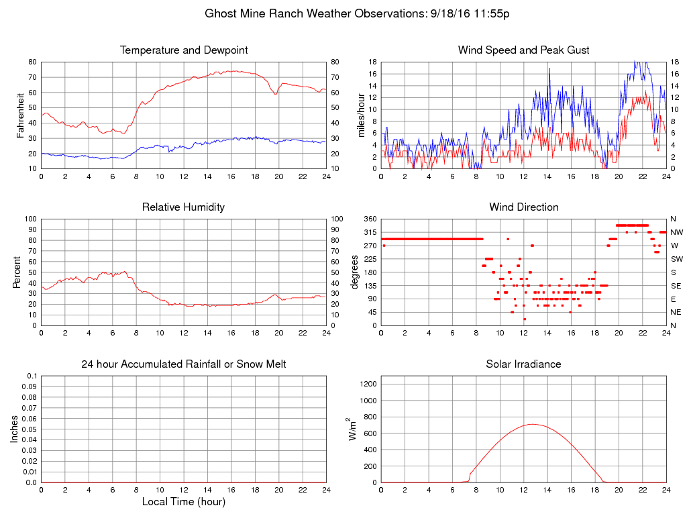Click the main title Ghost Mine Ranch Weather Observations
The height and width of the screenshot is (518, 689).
[x=357, y=13]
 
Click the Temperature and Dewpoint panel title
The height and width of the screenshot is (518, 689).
[x=184, y=50]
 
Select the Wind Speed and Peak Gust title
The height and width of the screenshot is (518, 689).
[x=523, y=50]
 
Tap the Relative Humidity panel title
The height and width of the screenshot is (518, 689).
[x=184, y=207]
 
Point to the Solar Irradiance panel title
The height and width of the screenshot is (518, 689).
[x=523, y=364]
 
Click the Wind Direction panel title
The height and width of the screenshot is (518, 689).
[x=523, y=207]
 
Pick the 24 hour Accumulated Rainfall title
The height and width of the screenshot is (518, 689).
[x=184, y=364]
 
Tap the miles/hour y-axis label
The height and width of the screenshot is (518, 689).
[x=362, y=115]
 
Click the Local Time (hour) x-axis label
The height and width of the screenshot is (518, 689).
[x=184, y=502]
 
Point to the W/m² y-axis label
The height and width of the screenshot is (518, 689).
[x=354, y=429]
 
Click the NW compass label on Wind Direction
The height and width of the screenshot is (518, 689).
[x=676, y=232]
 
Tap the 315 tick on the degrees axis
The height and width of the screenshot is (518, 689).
[x=370, y=232]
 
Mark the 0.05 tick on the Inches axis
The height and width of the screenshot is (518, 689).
[x=29, y=429]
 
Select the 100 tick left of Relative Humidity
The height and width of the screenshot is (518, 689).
[x=30, y=219]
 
